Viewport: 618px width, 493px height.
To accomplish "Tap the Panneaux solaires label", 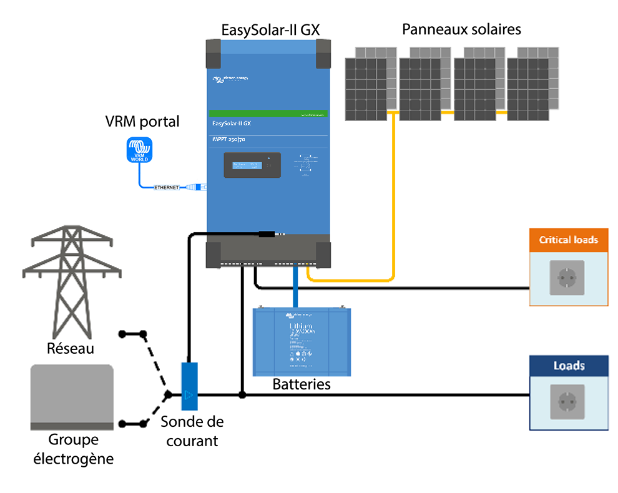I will point(461,29).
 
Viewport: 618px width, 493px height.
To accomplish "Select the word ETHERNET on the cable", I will point(166,187).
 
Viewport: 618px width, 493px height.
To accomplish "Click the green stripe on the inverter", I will point(268,115).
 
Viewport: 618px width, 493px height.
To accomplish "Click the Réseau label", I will point(71,348).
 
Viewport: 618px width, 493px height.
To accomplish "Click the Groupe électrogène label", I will point(72,449).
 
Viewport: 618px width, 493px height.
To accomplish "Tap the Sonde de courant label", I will point(192,431).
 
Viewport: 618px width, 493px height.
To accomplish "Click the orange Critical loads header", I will point(569,240).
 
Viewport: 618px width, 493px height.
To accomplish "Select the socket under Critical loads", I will point(567,278).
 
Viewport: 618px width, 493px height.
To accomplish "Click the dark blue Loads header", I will point(569,366).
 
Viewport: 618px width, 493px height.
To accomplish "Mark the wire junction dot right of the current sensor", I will point(242,395).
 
